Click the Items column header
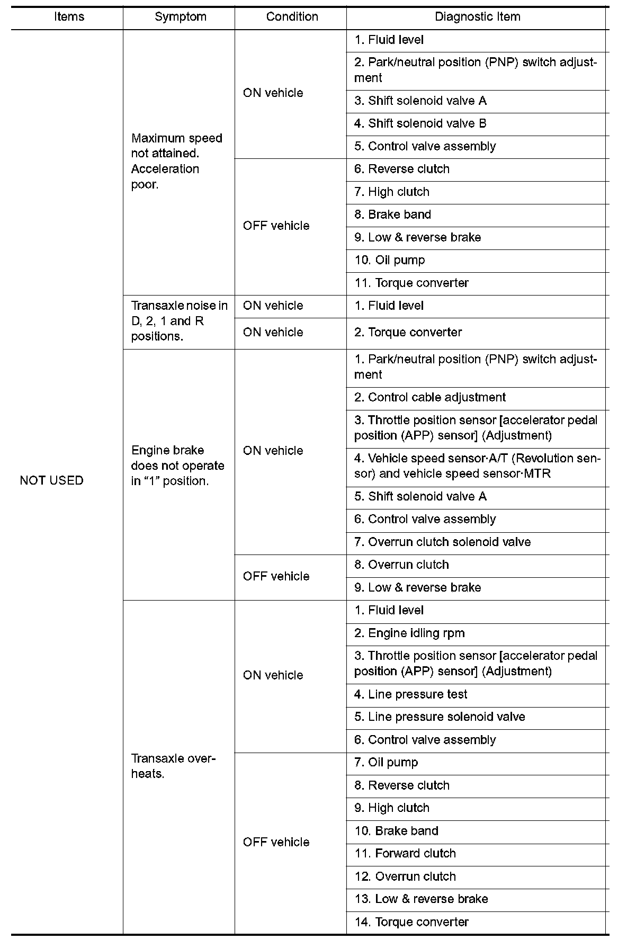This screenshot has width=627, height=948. click(69, 17)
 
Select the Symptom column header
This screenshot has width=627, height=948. click(180, 17)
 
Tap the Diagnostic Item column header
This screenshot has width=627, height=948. click(477, 17)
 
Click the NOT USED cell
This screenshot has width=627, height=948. click(52, 480)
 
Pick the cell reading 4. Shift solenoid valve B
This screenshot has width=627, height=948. click(420, 123)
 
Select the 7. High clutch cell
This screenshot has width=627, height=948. click(392, 192)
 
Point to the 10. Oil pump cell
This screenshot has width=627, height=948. click(390, 260)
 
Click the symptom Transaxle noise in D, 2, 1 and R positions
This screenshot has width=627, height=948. click(179, 321)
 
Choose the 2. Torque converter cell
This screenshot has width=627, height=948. click(408, 332)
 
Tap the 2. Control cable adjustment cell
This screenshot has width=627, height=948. click(430, 397)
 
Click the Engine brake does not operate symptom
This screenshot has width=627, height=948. click(178, 466)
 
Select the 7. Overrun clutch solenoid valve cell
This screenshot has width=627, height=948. click(443, 542)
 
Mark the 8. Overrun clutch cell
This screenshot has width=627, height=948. click(401, 565)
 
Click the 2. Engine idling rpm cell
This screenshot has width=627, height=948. click(409, 633)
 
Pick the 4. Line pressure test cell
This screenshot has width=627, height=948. click(411, 694)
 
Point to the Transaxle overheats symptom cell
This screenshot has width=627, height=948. click(173, 766)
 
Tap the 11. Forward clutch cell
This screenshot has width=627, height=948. click(405, 853)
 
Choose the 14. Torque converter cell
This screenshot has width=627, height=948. click(411, 922)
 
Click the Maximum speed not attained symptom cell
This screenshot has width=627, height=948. click(177, 161)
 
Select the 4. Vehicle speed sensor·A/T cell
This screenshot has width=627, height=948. click(477, 466)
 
